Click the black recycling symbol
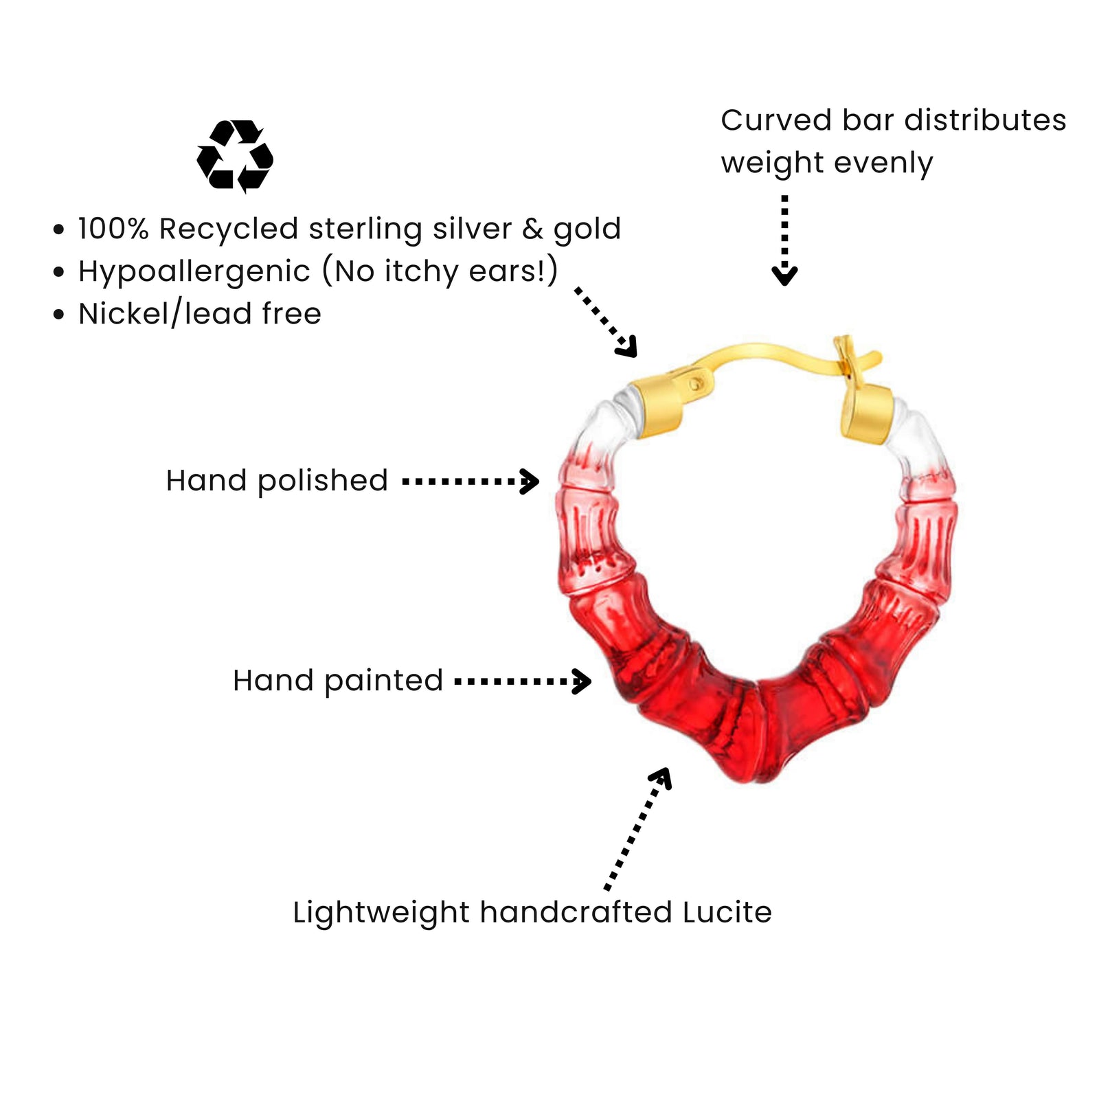click(x=235, y=156)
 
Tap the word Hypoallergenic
click(x=194, y=271)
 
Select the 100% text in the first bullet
click(x=113, y=229)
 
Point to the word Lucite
click(x=727, y=913)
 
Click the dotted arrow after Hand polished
click(x=471, y=481)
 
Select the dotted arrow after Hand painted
click(x=523, y=682)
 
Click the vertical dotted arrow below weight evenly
click(x=784, y=240)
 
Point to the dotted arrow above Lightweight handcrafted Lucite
click(x=637, y=828)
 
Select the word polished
click(x=323, y=481)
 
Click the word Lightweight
click(x=381, y=913)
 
